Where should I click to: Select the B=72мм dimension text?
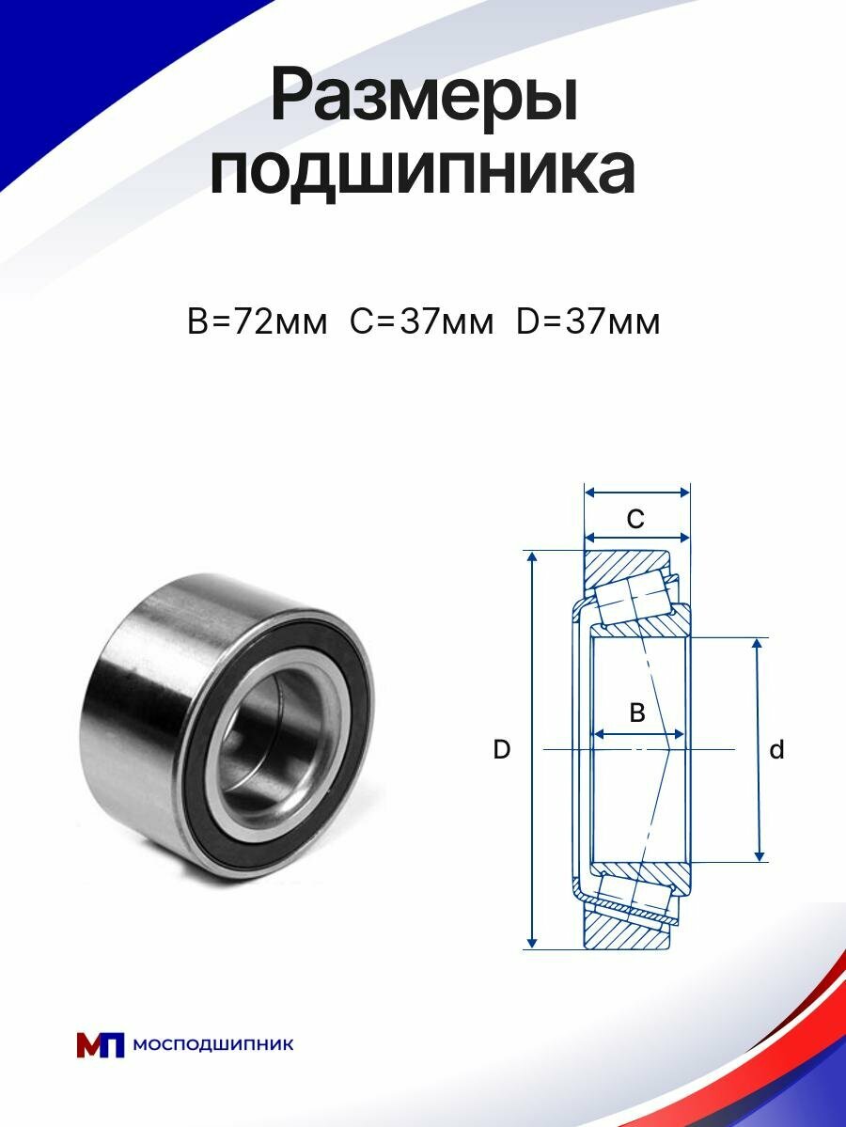(x=257, y=322)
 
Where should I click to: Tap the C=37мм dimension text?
(x=422, y=322)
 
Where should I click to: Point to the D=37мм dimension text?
(x=587, y=322)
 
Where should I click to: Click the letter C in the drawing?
(x=635, y=518)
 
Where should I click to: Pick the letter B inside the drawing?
(x=636, y=712)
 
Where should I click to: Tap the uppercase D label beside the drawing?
(x=502, y=750)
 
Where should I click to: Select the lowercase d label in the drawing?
(x=776, y=750)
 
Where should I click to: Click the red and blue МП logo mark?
(x=100, y=1045)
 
